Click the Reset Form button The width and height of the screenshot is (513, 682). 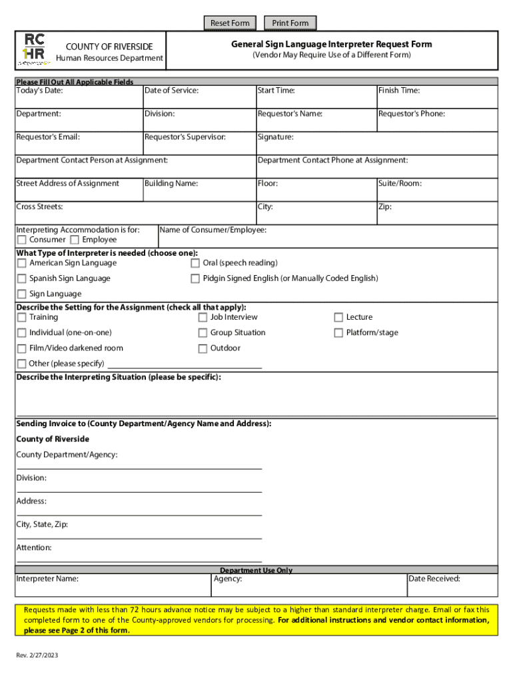(x=230, y=23)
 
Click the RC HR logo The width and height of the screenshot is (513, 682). (x=35, y=49)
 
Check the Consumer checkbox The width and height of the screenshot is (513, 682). (x=22, y=240)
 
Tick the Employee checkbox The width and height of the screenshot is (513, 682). (x=75, y=240)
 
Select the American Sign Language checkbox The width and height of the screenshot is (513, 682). (x=22, y=263)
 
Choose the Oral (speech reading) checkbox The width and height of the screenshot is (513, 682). (x=195, y=263)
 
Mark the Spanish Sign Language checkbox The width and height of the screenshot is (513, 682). (x=22, y=278)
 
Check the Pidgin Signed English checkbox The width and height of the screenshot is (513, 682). (x=195, y=278)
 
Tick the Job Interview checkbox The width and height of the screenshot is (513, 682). (x=203, y=318)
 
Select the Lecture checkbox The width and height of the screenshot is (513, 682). (x=338, y=318)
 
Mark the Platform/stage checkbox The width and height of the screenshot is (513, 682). (x=338, y=333)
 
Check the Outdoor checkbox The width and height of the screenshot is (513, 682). (x=203, y=348)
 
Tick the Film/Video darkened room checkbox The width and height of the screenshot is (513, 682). (x=22, y=348)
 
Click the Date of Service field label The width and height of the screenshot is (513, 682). (x=171, y=91)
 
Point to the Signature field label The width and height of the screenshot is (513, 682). (x=275, y=137)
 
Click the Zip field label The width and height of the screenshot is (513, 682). (x=384, y=207)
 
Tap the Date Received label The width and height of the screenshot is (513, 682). (x=434, y=579)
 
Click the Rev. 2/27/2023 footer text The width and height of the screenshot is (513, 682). (x=37, y=656)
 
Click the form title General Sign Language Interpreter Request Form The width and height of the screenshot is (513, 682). (x=331, y=45)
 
